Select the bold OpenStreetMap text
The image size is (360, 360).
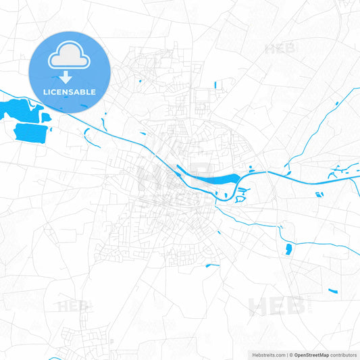pyautogui.click(x=311, y=355)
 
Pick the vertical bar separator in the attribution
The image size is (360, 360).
pyautogui.click(x=287, y=355)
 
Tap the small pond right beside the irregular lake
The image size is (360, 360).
pyautogui.click(x=46, y=116)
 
